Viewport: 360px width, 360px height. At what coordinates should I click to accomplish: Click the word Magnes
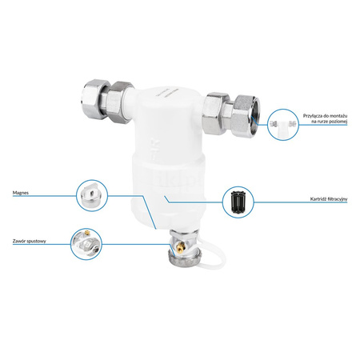(21, 193)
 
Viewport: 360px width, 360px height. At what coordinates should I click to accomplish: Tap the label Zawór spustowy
(30, 241)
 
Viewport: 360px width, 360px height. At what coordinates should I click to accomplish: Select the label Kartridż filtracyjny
(329, 199)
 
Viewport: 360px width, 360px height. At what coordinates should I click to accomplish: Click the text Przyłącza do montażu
(325, 116)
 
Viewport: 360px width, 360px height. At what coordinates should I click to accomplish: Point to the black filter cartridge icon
(238, 202)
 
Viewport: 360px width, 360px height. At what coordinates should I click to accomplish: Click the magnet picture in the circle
(92, 196)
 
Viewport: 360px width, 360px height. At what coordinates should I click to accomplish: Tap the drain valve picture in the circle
(86, 244)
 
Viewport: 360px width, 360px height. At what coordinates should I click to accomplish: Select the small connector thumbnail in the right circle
(283, 125)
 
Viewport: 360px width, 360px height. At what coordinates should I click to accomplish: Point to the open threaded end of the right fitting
(254, 113)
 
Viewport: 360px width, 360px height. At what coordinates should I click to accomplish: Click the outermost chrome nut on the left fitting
(94, 99)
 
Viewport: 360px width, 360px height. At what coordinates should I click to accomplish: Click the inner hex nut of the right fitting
(215, 114)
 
